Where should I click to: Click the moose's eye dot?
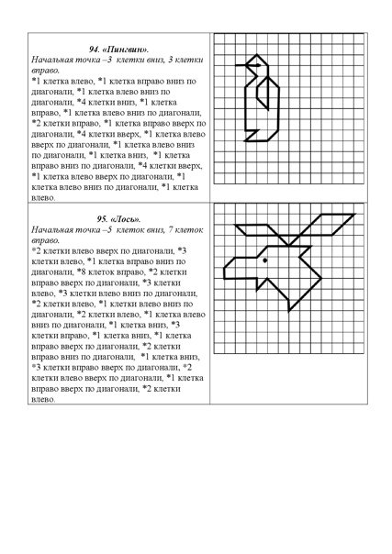[x=265, y=260]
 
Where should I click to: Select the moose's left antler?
[x=257, y=229]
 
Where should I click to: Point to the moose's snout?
[x=237, y=265]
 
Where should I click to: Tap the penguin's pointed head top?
[x=258, y=57]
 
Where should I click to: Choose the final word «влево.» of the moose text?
[x=44, y=399]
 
